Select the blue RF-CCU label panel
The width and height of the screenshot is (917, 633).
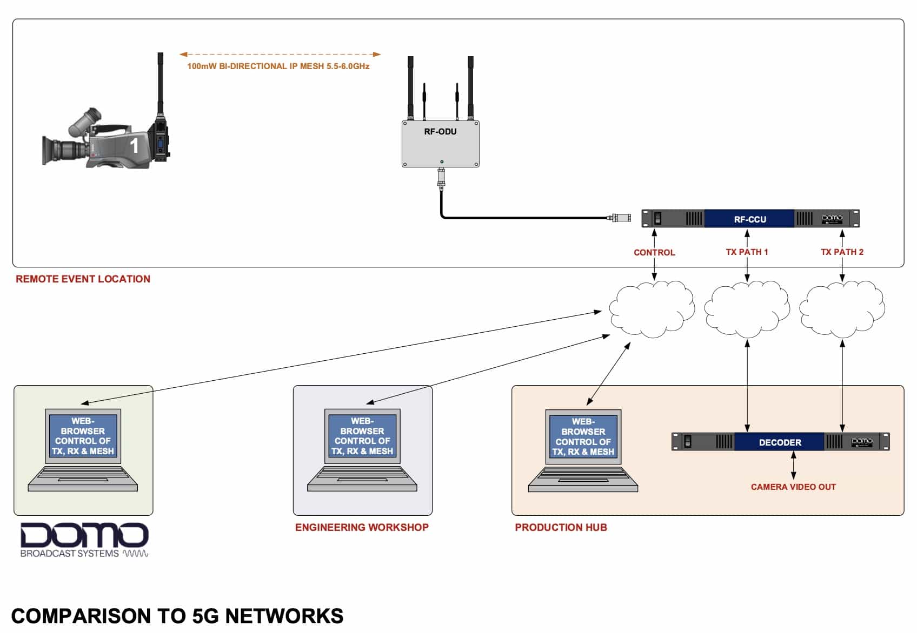(x=749, y=219)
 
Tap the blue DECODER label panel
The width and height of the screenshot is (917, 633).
(x=780, y=442)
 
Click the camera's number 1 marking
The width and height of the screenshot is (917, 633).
(x=134, y=146)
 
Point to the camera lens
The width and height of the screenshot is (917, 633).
(x=62, y=150)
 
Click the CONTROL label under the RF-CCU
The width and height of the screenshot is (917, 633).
(x=654, y=252)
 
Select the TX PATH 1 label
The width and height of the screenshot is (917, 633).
(x=747, y=252)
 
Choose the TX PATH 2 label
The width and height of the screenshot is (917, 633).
(x=842, y=252)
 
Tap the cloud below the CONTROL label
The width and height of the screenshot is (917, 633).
(x=652, y=309)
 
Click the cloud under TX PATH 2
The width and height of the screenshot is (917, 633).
(x=842, y=309)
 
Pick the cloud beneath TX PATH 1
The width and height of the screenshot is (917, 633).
(x=747, y=309)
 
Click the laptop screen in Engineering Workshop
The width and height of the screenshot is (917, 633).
(x=362, y=436)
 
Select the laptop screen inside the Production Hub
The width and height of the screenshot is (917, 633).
(x=583, y=436)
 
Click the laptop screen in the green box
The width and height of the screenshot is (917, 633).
(x=83, y=436)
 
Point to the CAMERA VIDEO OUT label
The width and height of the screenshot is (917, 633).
(x=793, y=487)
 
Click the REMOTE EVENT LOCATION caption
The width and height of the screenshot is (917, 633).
(x=83, y=279)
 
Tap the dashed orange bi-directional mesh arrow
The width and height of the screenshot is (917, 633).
(x=280, y=54)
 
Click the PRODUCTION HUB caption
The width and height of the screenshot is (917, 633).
(x=561, y=527)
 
